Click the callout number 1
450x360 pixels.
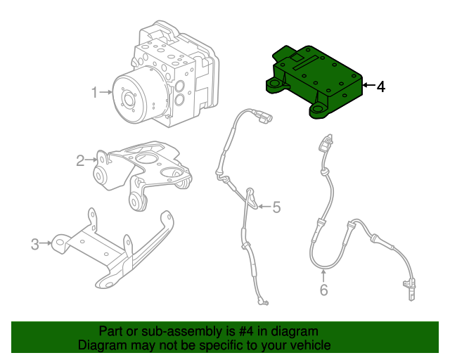[x=94, y=92]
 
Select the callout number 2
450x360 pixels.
[x=80, y=161]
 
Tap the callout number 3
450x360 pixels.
[x=34, y=244]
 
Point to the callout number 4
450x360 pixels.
[x=380, y=87]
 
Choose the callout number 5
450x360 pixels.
[x=276, y=207]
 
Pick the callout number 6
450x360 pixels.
[x=323, y=289]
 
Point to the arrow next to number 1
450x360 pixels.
[x=106, y=92]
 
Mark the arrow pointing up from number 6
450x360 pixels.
[x=323, y=274]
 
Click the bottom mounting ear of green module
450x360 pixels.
[x=320, y=110]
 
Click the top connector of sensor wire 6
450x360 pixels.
[x=326, y=143]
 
